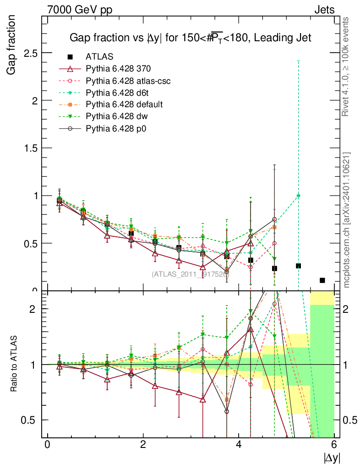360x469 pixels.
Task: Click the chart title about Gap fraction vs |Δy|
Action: point(190,38)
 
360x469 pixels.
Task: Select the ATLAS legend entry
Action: point(99,57)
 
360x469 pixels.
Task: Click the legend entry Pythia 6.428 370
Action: point(118,69)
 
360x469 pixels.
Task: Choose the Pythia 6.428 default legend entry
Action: point(124,104)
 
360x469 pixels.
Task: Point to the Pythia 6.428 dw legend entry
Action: point(117,116)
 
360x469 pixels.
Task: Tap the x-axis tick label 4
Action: point(239,445)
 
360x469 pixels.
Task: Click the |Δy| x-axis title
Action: point(332,457)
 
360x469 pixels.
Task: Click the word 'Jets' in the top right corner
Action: point(324,10)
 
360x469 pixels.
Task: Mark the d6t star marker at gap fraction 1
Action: point(298,196)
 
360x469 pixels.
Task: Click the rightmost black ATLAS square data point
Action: point(322,280)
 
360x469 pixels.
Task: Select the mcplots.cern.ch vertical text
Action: point(347,220)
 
